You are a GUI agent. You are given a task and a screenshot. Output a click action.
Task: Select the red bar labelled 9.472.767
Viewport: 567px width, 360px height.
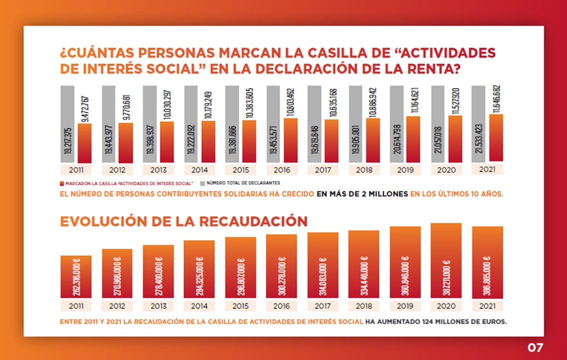(85, 143)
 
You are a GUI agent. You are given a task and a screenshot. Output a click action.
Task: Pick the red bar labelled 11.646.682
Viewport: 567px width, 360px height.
(496, 137)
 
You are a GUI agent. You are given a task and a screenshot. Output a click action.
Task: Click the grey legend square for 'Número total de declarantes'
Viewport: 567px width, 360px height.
(203, 183)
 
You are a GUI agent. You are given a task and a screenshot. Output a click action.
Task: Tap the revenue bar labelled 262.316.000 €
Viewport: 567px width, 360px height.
(76, 276)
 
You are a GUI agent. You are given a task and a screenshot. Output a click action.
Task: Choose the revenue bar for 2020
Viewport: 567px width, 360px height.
(446, 260)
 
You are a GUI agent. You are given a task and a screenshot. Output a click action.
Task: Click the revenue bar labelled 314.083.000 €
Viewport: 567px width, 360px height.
(323, 265)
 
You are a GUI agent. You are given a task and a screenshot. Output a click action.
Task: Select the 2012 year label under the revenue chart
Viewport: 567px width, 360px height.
(117, 305)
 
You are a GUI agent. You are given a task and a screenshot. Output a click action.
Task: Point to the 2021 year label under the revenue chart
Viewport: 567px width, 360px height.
(487, 305)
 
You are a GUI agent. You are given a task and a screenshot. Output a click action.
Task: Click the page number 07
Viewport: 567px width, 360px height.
(535, 347)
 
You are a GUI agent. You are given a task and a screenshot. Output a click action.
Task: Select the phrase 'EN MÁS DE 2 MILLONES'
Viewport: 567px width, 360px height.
(362, 194)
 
